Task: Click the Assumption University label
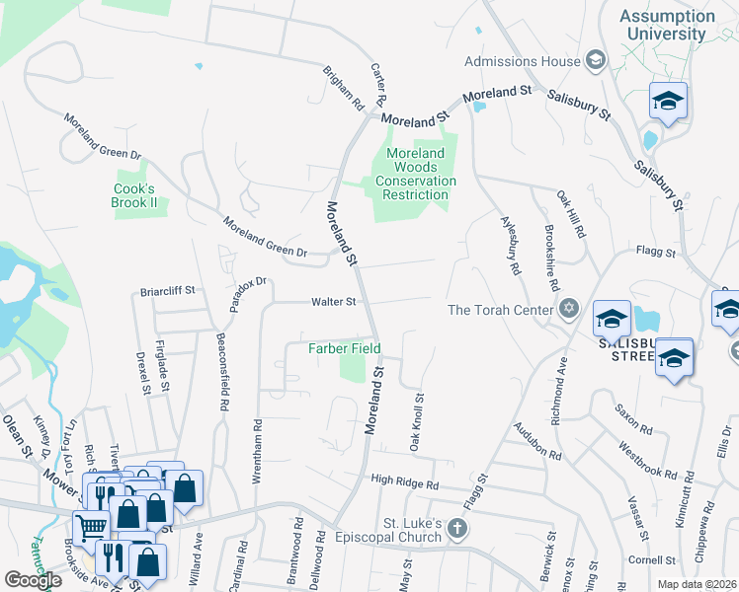(667, 25)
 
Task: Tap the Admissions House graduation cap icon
(595, 61)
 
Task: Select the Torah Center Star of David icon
(567, 310)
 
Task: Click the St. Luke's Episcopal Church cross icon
(456, 528)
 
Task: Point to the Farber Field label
(344, 348)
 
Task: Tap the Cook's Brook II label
(135, 195)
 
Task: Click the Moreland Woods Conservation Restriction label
(415, 174)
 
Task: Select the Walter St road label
(332, 302)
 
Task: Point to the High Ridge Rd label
(404, 483)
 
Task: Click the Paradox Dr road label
(248, 294)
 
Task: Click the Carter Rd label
(376, 86)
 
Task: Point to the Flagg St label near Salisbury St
(655, 253)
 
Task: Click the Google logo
(34, 579)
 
